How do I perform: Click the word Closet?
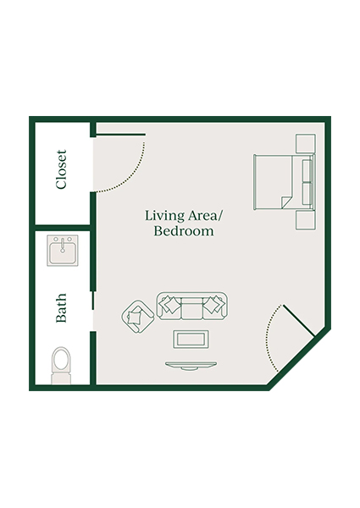61,170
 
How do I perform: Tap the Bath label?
61,309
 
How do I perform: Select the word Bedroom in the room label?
183,230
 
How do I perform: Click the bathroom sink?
62,251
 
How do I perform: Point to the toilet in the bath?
62,362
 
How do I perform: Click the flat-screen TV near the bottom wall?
191,365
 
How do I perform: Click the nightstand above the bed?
305,144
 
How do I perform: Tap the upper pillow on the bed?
306,168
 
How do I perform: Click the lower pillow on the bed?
306,194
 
